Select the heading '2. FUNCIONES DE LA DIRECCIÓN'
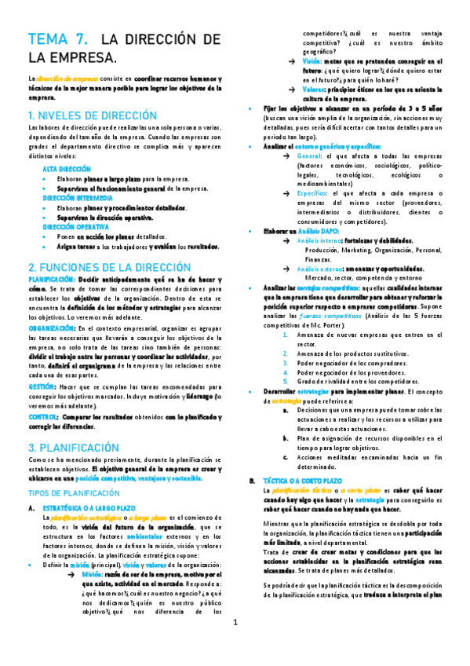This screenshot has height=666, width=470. click(109, 267)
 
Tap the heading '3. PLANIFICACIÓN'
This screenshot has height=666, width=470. click(73, 447)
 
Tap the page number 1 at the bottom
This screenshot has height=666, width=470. click(235, 645)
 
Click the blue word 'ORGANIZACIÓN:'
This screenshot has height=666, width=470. click(52, 327)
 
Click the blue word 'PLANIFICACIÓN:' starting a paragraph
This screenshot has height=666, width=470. click(52, 279)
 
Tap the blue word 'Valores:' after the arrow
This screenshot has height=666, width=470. click(313, 90)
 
